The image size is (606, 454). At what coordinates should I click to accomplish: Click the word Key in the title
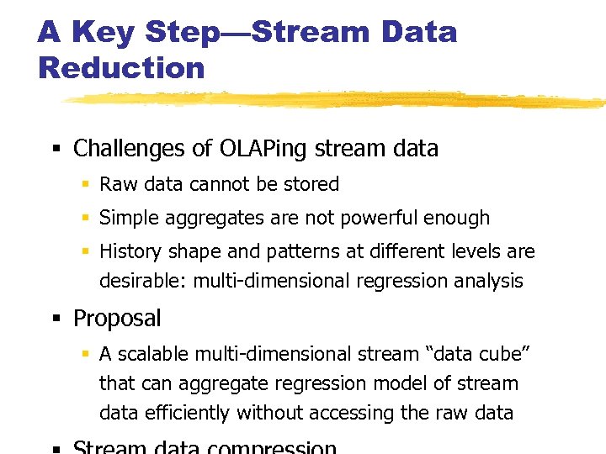(x=102, y=33)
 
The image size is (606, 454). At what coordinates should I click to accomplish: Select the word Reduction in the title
(x=121, y=68)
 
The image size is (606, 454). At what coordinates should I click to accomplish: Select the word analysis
(x=486, y=281)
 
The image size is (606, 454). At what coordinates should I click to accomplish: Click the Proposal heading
(x=117, y=319)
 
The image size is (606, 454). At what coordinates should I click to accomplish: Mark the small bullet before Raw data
(x=86, y=185)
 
